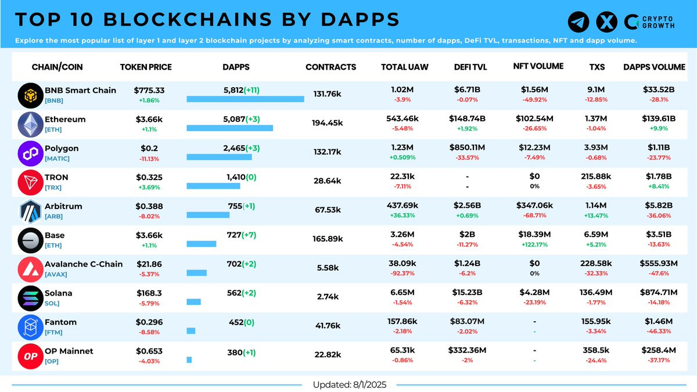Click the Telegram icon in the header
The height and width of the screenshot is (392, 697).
pos(579,22)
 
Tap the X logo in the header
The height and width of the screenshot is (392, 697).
pos(606,22)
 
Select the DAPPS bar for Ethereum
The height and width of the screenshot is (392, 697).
pos(229,128)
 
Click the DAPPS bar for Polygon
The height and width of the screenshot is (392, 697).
pos(219,157)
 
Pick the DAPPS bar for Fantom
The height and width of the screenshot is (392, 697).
pos(191,330)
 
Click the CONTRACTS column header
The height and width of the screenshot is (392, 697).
pos(330,67)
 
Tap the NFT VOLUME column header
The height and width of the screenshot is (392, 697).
pos(538,66)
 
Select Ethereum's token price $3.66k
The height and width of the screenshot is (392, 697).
pos(148,119)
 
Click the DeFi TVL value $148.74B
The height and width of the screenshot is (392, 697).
pos(467,118)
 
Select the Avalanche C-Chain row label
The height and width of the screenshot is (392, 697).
pos(84,264)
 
